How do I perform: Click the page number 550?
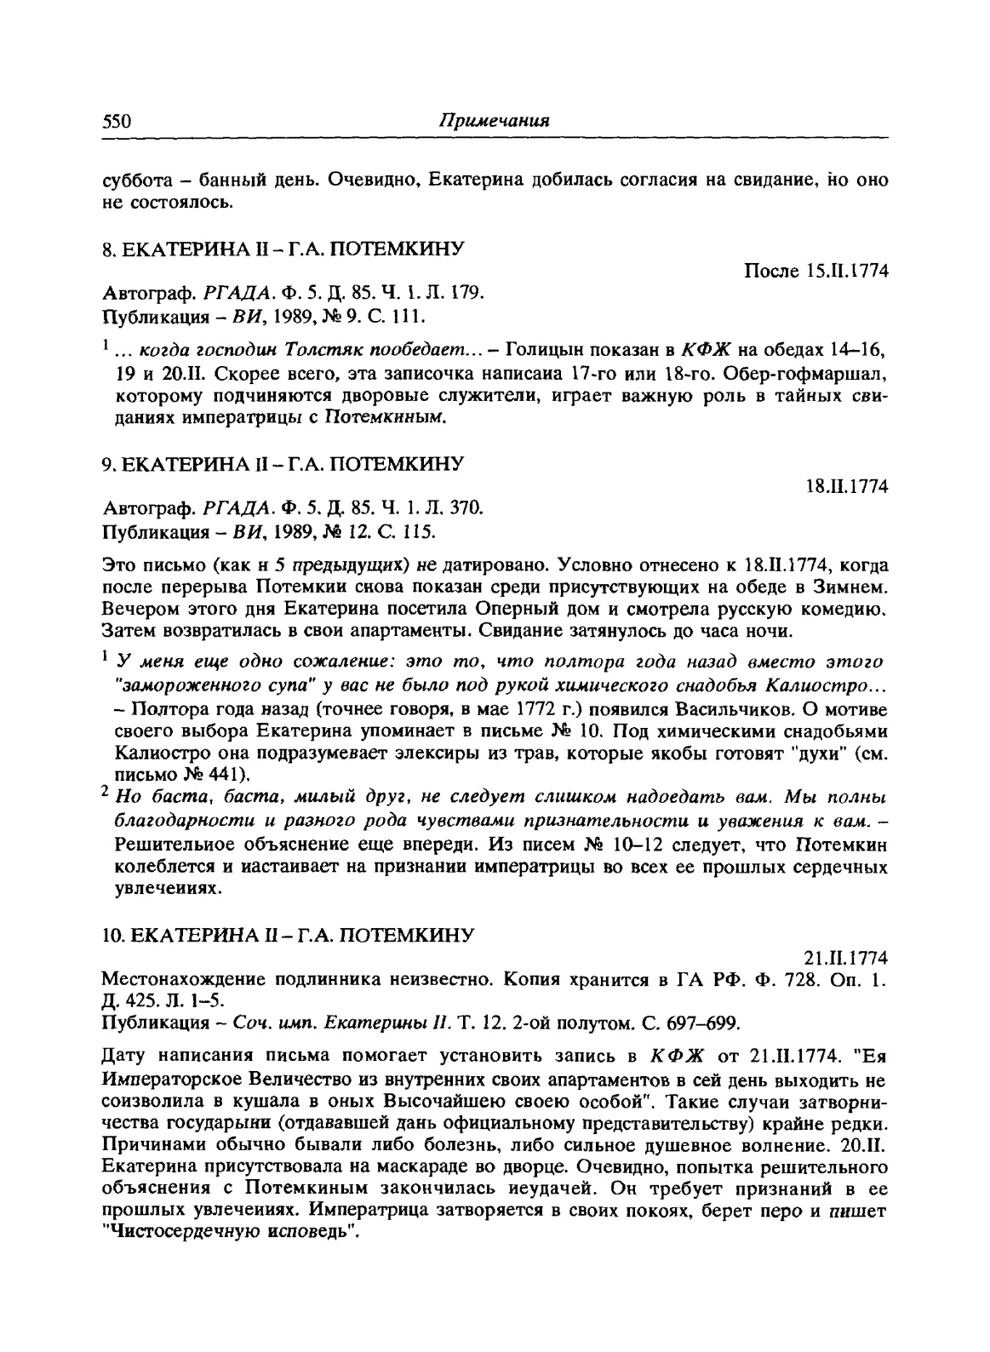click(x=116, y=121)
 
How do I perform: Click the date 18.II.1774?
click(x=847, y=487)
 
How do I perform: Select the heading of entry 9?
click(x=282, y=464)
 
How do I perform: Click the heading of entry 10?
click(x=286, y=935)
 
